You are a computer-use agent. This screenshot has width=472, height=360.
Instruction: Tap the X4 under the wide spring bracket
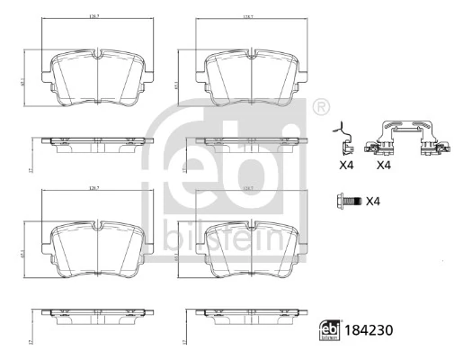[384, 165]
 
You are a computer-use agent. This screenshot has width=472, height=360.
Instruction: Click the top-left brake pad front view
[97, 76]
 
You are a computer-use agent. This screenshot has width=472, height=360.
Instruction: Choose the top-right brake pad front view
[251, 76]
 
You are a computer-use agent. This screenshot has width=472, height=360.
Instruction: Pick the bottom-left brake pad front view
[97, 246]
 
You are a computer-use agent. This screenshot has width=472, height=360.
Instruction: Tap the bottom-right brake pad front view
[251, 246]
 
